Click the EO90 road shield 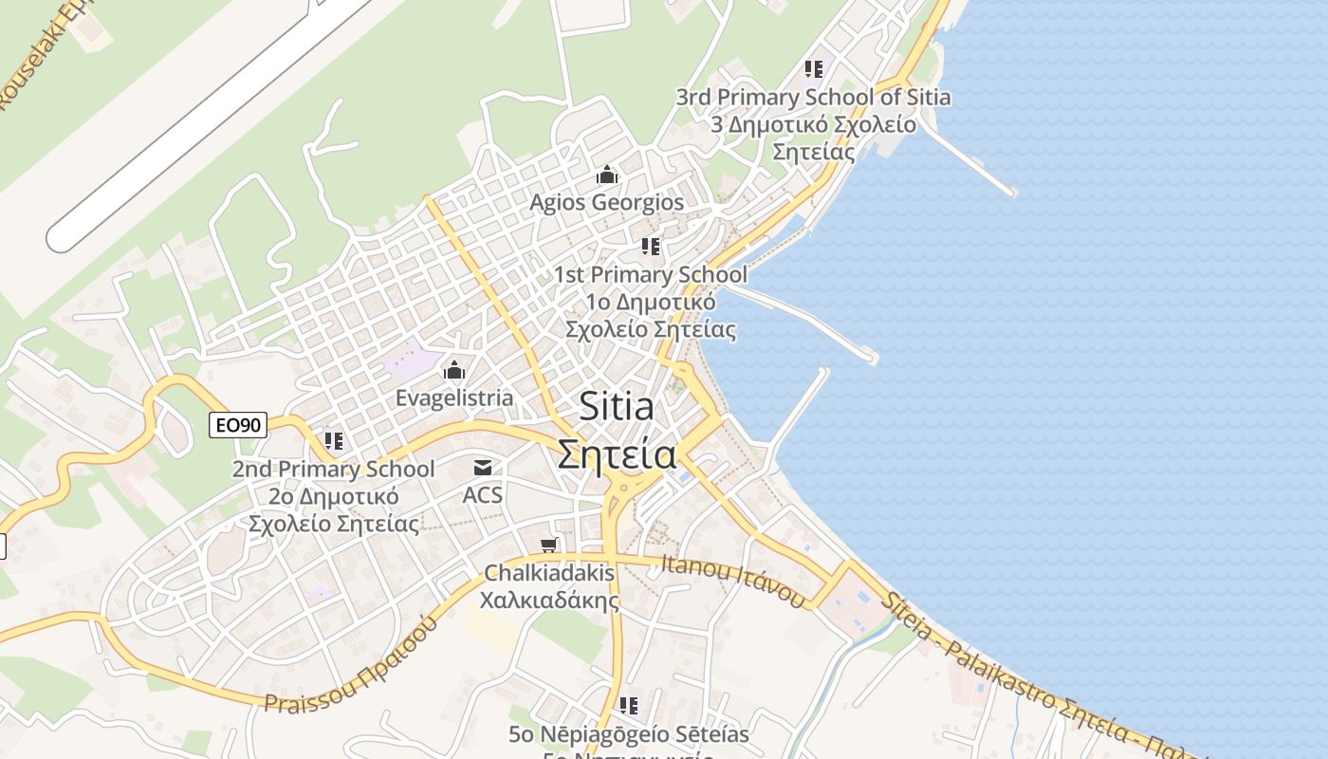[x=237, y=425]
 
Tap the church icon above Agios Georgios [x=607, y=176]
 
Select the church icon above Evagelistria [x=454, y=370]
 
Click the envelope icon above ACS [x=483, y=467]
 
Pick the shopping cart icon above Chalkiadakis [x=548, y=546]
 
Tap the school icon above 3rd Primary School [x=814, y=68]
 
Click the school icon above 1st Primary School [x=651, y=247]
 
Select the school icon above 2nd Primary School [x=334, y=441]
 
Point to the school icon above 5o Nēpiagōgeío [x=628, y=706]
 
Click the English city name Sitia [x=617, y=407]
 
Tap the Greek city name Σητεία [x=617, y=454]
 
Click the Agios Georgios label [x=606, y=202]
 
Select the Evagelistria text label [x=454, y=398]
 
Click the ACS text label [x=483, y=494]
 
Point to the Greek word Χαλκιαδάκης [x=549, y=601]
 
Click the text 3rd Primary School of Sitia [x=813, y=97]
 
